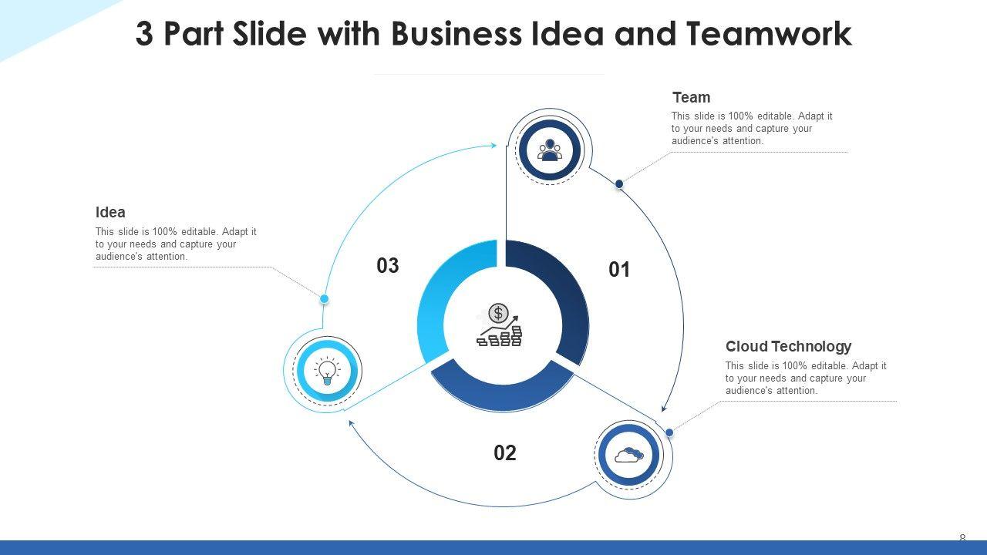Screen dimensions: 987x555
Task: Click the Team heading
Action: click(691, 98)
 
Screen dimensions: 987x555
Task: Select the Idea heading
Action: click(110, 213)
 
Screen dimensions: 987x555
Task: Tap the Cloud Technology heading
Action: click(788, 347)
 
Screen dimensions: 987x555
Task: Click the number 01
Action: click(619, 270)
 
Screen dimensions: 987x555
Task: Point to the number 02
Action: click(505, 453)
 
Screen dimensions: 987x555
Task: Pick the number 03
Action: click(388, 266)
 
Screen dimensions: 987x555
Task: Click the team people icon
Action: click(550, 150)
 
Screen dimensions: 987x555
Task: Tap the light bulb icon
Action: click(327, 371)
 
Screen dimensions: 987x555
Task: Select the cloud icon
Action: click(629, 455)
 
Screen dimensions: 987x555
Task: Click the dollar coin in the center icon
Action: click(498, 313)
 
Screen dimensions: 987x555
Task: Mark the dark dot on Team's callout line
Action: click(619, 183)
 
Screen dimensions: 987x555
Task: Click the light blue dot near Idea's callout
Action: click(325, 298)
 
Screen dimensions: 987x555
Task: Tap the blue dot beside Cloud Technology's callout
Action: click(669, 432)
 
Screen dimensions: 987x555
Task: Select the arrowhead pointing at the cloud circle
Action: click(664, 408)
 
